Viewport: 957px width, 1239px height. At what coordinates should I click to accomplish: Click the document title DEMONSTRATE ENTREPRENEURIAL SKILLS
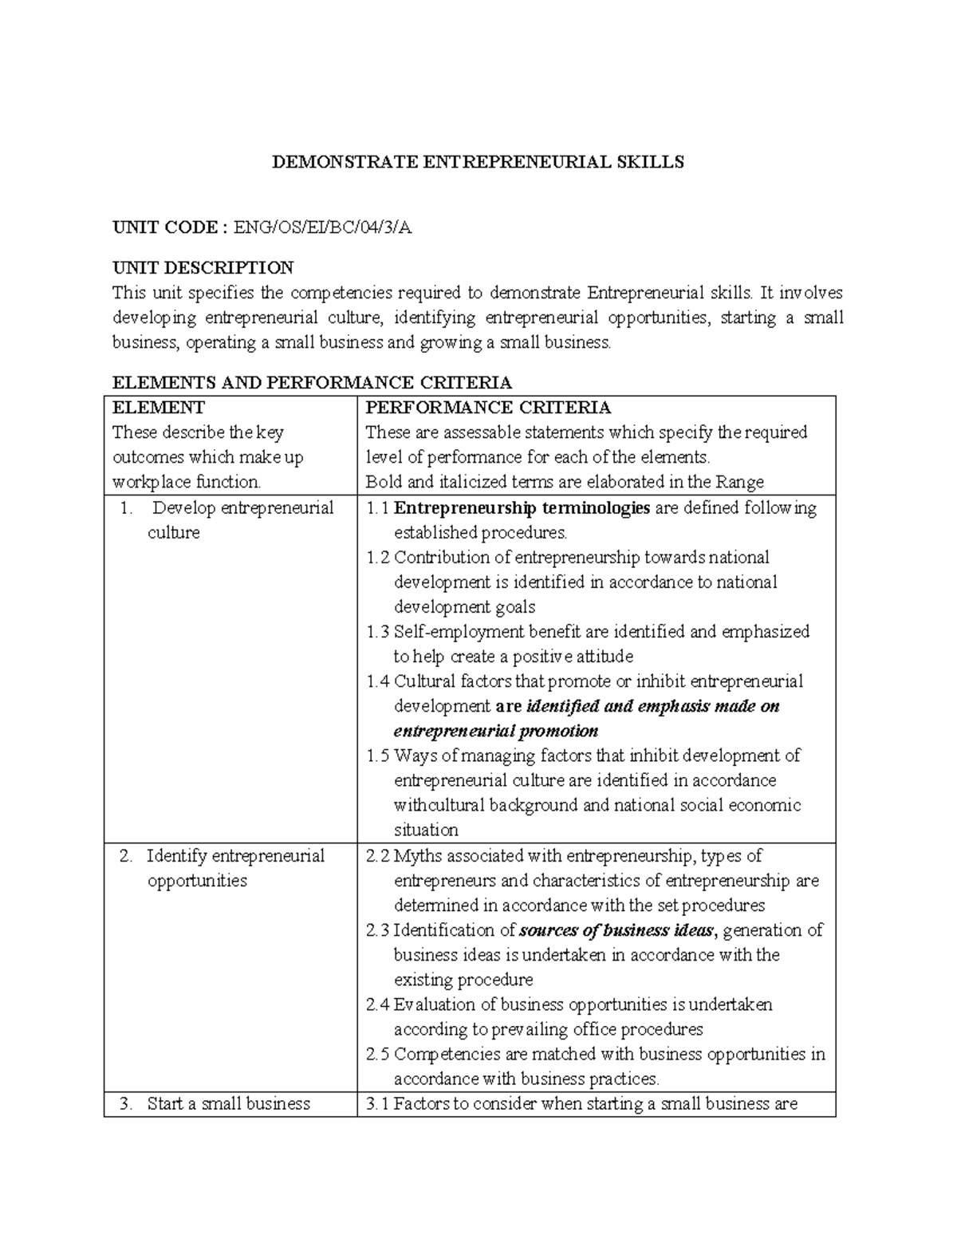[478, 163]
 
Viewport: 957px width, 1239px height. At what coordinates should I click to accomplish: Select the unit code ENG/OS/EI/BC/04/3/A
[322, 228]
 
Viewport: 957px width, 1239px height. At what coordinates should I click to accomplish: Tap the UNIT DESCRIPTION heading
[203, 267]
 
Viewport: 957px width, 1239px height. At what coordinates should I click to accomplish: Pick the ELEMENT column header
[159, 408]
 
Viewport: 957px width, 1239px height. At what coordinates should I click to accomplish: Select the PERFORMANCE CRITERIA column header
[488, 408]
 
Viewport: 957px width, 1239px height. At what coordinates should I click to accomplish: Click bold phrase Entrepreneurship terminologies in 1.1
[522, 508]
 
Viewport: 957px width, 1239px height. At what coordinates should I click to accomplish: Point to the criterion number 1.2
[378, 558]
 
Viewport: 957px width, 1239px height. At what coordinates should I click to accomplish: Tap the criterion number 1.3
[378, 632]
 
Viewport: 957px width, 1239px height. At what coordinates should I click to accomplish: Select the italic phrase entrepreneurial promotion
[496, 731]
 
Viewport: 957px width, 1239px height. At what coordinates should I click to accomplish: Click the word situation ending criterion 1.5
[426, 830]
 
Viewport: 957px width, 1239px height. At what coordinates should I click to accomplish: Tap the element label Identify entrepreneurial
[235, 856]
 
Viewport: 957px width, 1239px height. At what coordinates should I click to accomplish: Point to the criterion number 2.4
[378, 1004]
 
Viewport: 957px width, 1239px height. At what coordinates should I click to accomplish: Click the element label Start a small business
[228, 1104]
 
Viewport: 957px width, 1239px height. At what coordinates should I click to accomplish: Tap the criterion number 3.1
[378, 1104]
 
